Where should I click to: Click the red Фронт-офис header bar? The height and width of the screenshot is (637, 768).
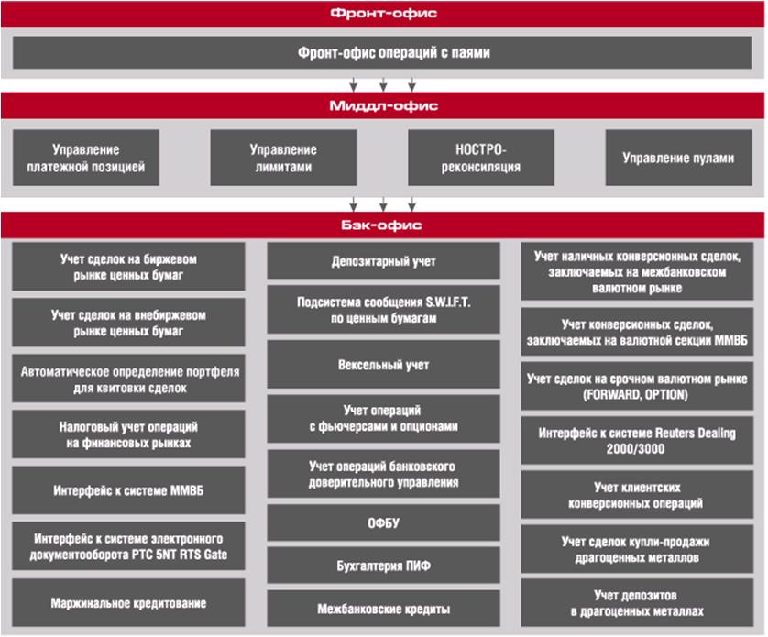point(383,14)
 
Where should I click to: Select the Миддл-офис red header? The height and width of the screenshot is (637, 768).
point(383,105)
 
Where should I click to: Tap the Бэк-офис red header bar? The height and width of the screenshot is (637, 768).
point(383,225)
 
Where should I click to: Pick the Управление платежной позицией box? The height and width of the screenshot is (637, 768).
point(86,158)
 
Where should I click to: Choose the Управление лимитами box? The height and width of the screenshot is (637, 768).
point(283,158)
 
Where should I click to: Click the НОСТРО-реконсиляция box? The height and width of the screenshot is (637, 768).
point(481,158)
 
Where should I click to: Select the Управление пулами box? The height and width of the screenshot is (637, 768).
point(678,158)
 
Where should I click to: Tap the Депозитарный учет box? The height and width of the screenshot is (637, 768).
point(383,261)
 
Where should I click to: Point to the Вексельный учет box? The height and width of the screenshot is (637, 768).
point(383,365)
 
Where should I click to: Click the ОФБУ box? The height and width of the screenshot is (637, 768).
point(383,522)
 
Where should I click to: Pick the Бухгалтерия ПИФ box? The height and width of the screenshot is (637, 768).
point(383,566)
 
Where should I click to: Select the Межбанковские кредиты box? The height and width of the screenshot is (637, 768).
point(383,609)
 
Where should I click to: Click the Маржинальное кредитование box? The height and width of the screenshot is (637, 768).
point(128,603)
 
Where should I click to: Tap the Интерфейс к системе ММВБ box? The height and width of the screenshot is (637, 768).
point(128,490)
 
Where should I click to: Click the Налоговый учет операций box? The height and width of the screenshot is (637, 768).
point(128,434)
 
